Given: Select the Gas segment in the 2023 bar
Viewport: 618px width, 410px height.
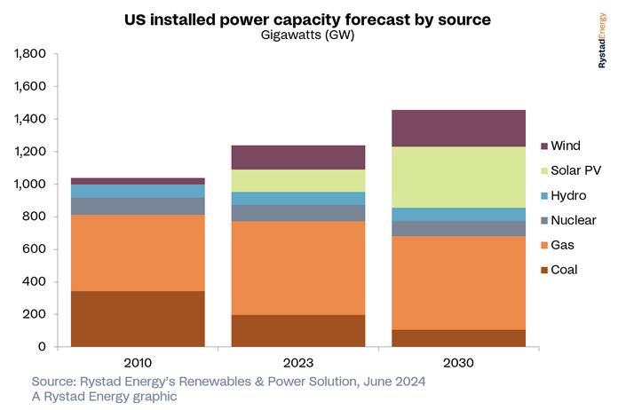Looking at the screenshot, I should tap(297, 267).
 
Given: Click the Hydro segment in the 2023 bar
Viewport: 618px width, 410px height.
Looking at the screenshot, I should tap(297, 198).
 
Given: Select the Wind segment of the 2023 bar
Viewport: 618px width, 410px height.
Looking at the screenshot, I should tap(297, 157).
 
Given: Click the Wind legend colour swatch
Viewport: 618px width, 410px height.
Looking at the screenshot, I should tap(543, 146).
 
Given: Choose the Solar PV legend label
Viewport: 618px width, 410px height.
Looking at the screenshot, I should tap(577, 170).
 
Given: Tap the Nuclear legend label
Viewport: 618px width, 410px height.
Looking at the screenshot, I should tap(574, 219).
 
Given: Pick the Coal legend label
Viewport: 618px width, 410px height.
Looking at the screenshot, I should tap(565, 268).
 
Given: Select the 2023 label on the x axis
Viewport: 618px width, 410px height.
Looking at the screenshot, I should tap(297, 363).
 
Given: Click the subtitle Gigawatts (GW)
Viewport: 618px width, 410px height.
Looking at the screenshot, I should tap(307, 35).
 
